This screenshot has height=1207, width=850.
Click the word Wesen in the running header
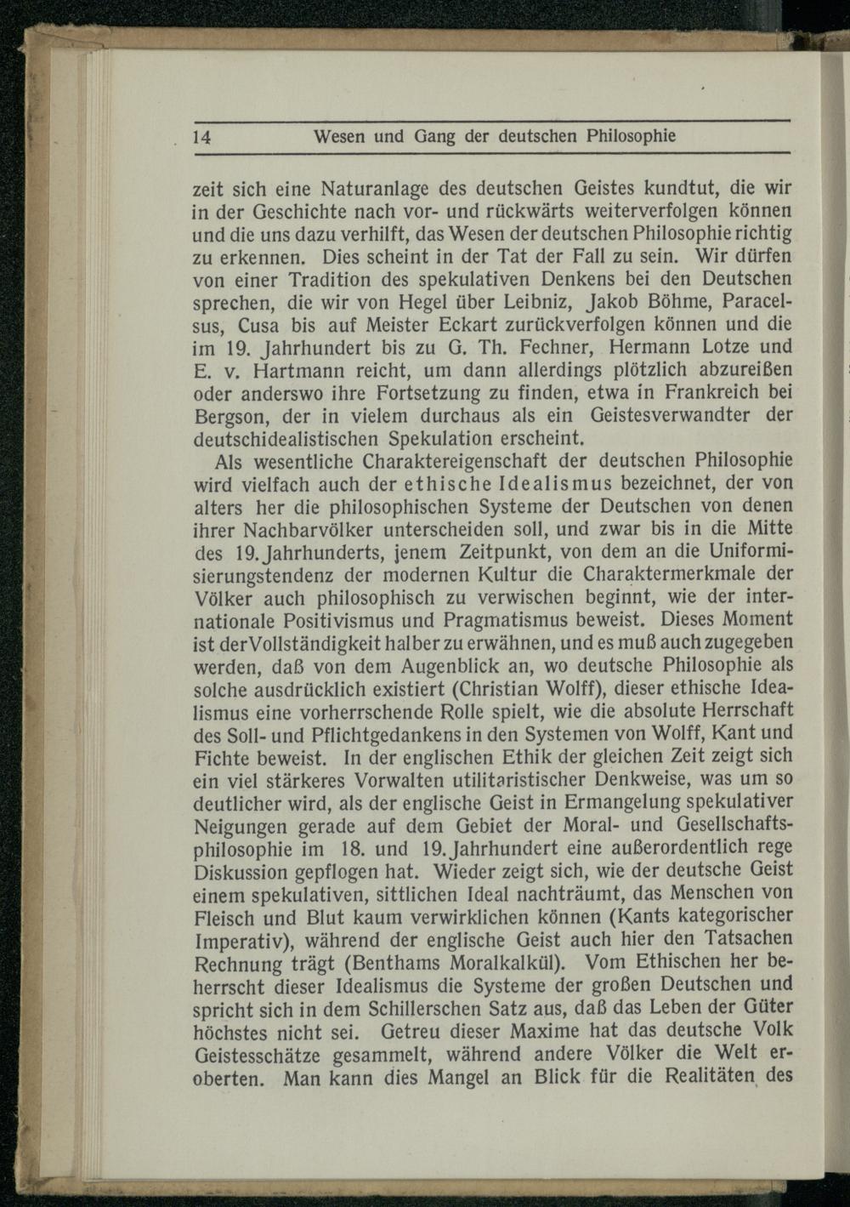point(339,135)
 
